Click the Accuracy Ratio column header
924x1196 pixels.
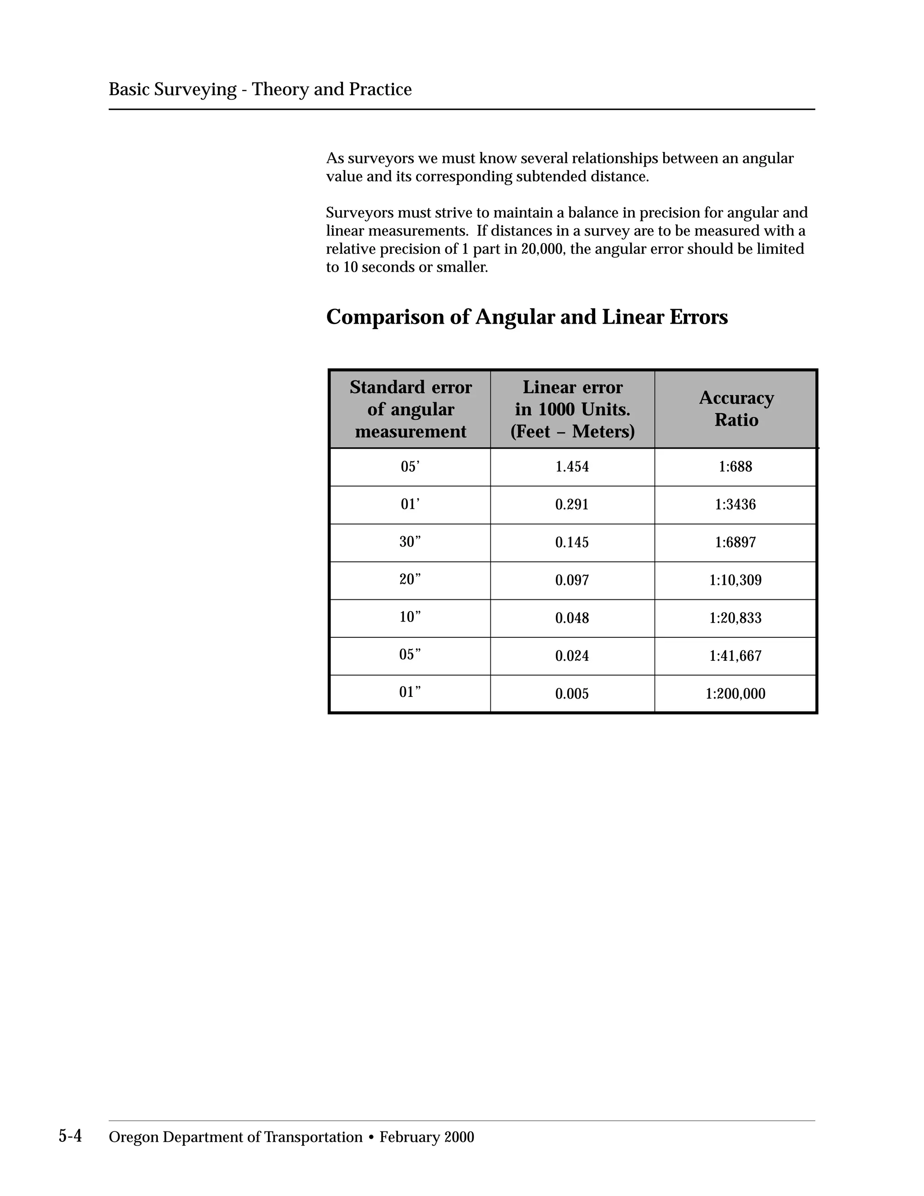[736, 408]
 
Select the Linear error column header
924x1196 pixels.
[572, 408]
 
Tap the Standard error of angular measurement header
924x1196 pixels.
[410, 408]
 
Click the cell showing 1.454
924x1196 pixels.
[572, 467]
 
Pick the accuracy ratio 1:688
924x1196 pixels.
[735, 467]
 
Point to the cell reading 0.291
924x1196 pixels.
[572, 505]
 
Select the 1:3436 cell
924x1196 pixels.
[735, 505]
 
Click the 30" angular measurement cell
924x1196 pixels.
[410, 542]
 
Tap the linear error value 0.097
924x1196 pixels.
[572, 580]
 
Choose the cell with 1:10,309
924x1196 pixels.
[735, 580]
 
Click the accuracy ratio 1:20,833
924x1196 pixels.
[735, 618]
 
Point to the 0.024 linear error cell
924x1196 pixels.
[572, 655]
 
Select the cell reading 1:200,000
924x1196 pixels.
[735, 694]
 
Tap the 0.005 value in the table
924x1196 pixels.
[572, 694]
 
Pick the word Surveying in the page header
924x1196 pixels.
[195, 89]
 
